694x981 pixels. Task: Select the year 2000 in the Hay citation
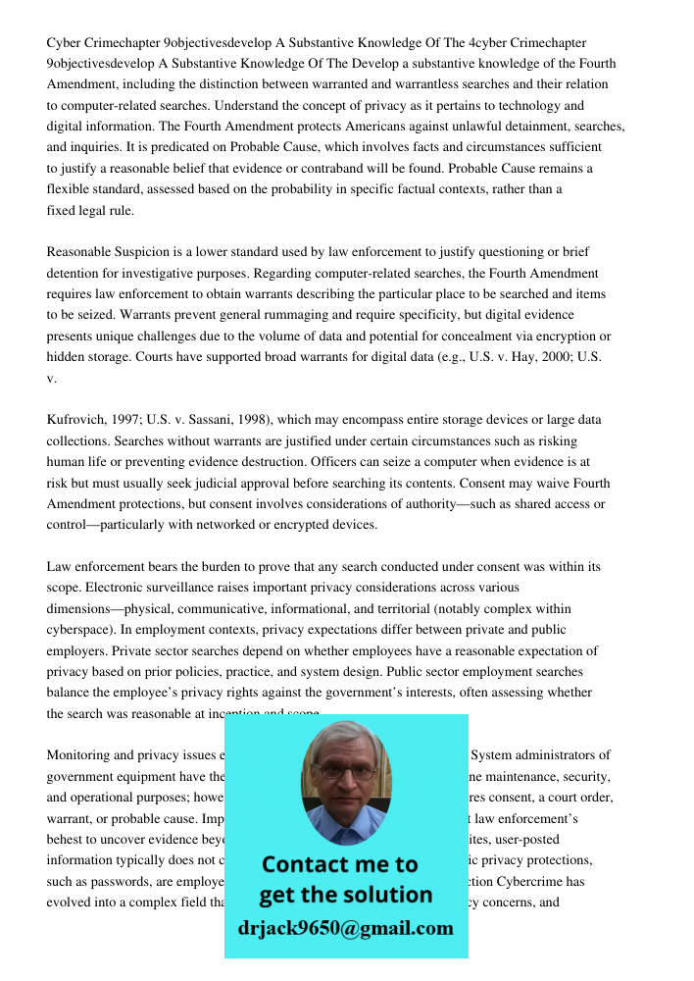pos(556,357)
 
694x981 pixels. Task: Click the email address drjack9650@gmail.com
pos(346,928)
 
